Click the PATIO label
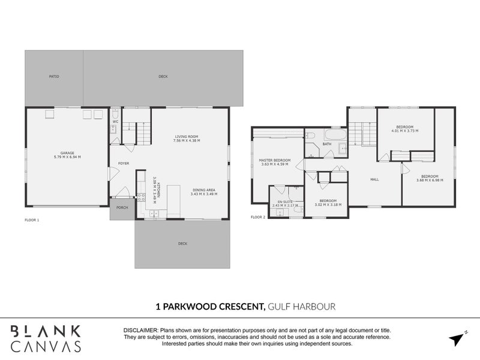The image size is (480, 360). click(x=54, y=77)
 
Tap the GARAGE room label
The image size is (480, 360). click(x=66, y=154)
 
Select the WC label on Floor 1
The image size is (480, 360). click(x=115, y=122)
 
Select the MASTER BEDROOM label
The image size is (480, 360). click(x=274, y=161)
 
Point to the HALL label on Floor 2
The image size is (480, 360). click(x=374, y=179)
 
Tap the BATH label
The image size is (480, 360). click(x=327, y=144)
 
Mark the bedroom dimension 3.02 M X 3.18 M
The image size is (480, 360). click(x=328, y=205)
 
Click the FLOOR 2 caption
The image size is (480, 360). click(x=258, y=217)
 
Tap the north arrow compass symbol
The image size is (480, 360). click(x=458, y=337)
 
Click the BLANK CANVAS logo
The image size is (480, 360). click(x=46, y=338)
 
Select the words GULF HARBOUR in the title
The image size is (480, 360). click(x=301, y=307)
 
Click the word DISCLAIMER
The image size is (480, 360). click(x=140, y=331)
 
